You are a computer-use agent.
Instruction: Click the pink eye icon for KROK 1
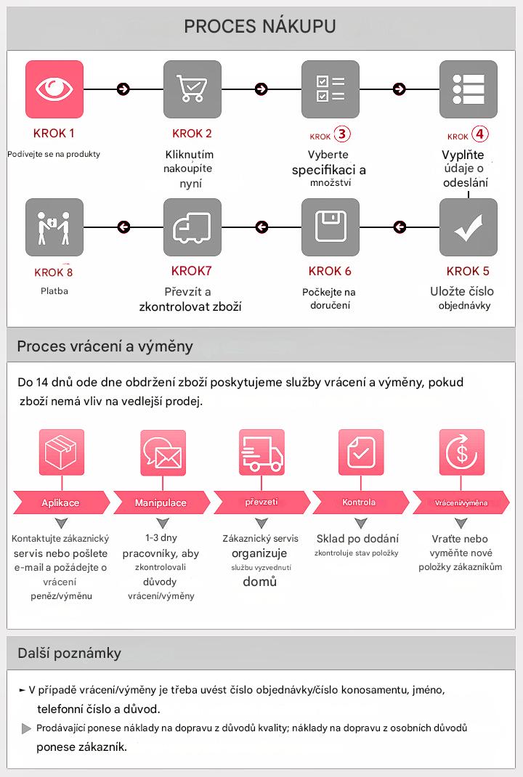[54, 89]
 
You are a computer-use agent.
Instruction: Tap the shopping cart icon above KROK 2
[192, 89]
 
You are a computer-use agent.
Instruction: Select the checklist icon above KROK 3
[331, 89]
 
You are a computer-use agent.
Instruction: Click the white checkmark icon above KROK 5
[469, 227]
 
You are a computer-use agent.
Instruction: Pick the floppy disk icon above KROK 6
[331, 227]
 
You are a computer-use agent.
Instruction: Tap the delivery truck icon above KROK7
[192, 227]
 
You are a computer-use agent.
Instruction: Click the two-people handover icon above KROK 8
[54, 227]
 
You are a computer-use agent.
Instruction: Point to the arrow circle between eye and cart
[123, 89]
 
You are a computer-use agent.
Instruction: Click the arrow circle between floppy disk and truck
[261, 227]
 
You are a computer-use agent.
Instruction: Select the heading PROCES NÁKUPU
[260, 26]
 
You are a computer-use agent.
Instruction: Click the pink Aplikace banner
[62, 503]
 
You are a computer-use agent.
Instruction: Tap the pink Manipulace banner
[161, 503]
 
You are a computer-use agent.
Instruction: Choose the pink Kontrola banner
[360, 503]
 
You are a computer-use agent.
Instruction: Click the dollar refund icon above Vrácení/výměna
[461, 452]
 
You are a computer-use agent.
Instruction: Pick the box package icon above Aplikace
[62, 452]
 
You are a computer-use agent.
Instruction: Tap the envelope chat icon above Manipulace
[163, 452]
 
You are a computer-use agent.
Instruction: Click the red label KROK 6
[330, 271]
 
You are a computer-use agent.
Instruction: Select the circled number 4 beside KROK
[480, 134]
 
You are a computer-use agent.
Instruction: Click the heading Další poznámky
[70, 653]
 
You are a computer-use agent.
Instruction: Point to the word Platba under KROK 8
[54, 291]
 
